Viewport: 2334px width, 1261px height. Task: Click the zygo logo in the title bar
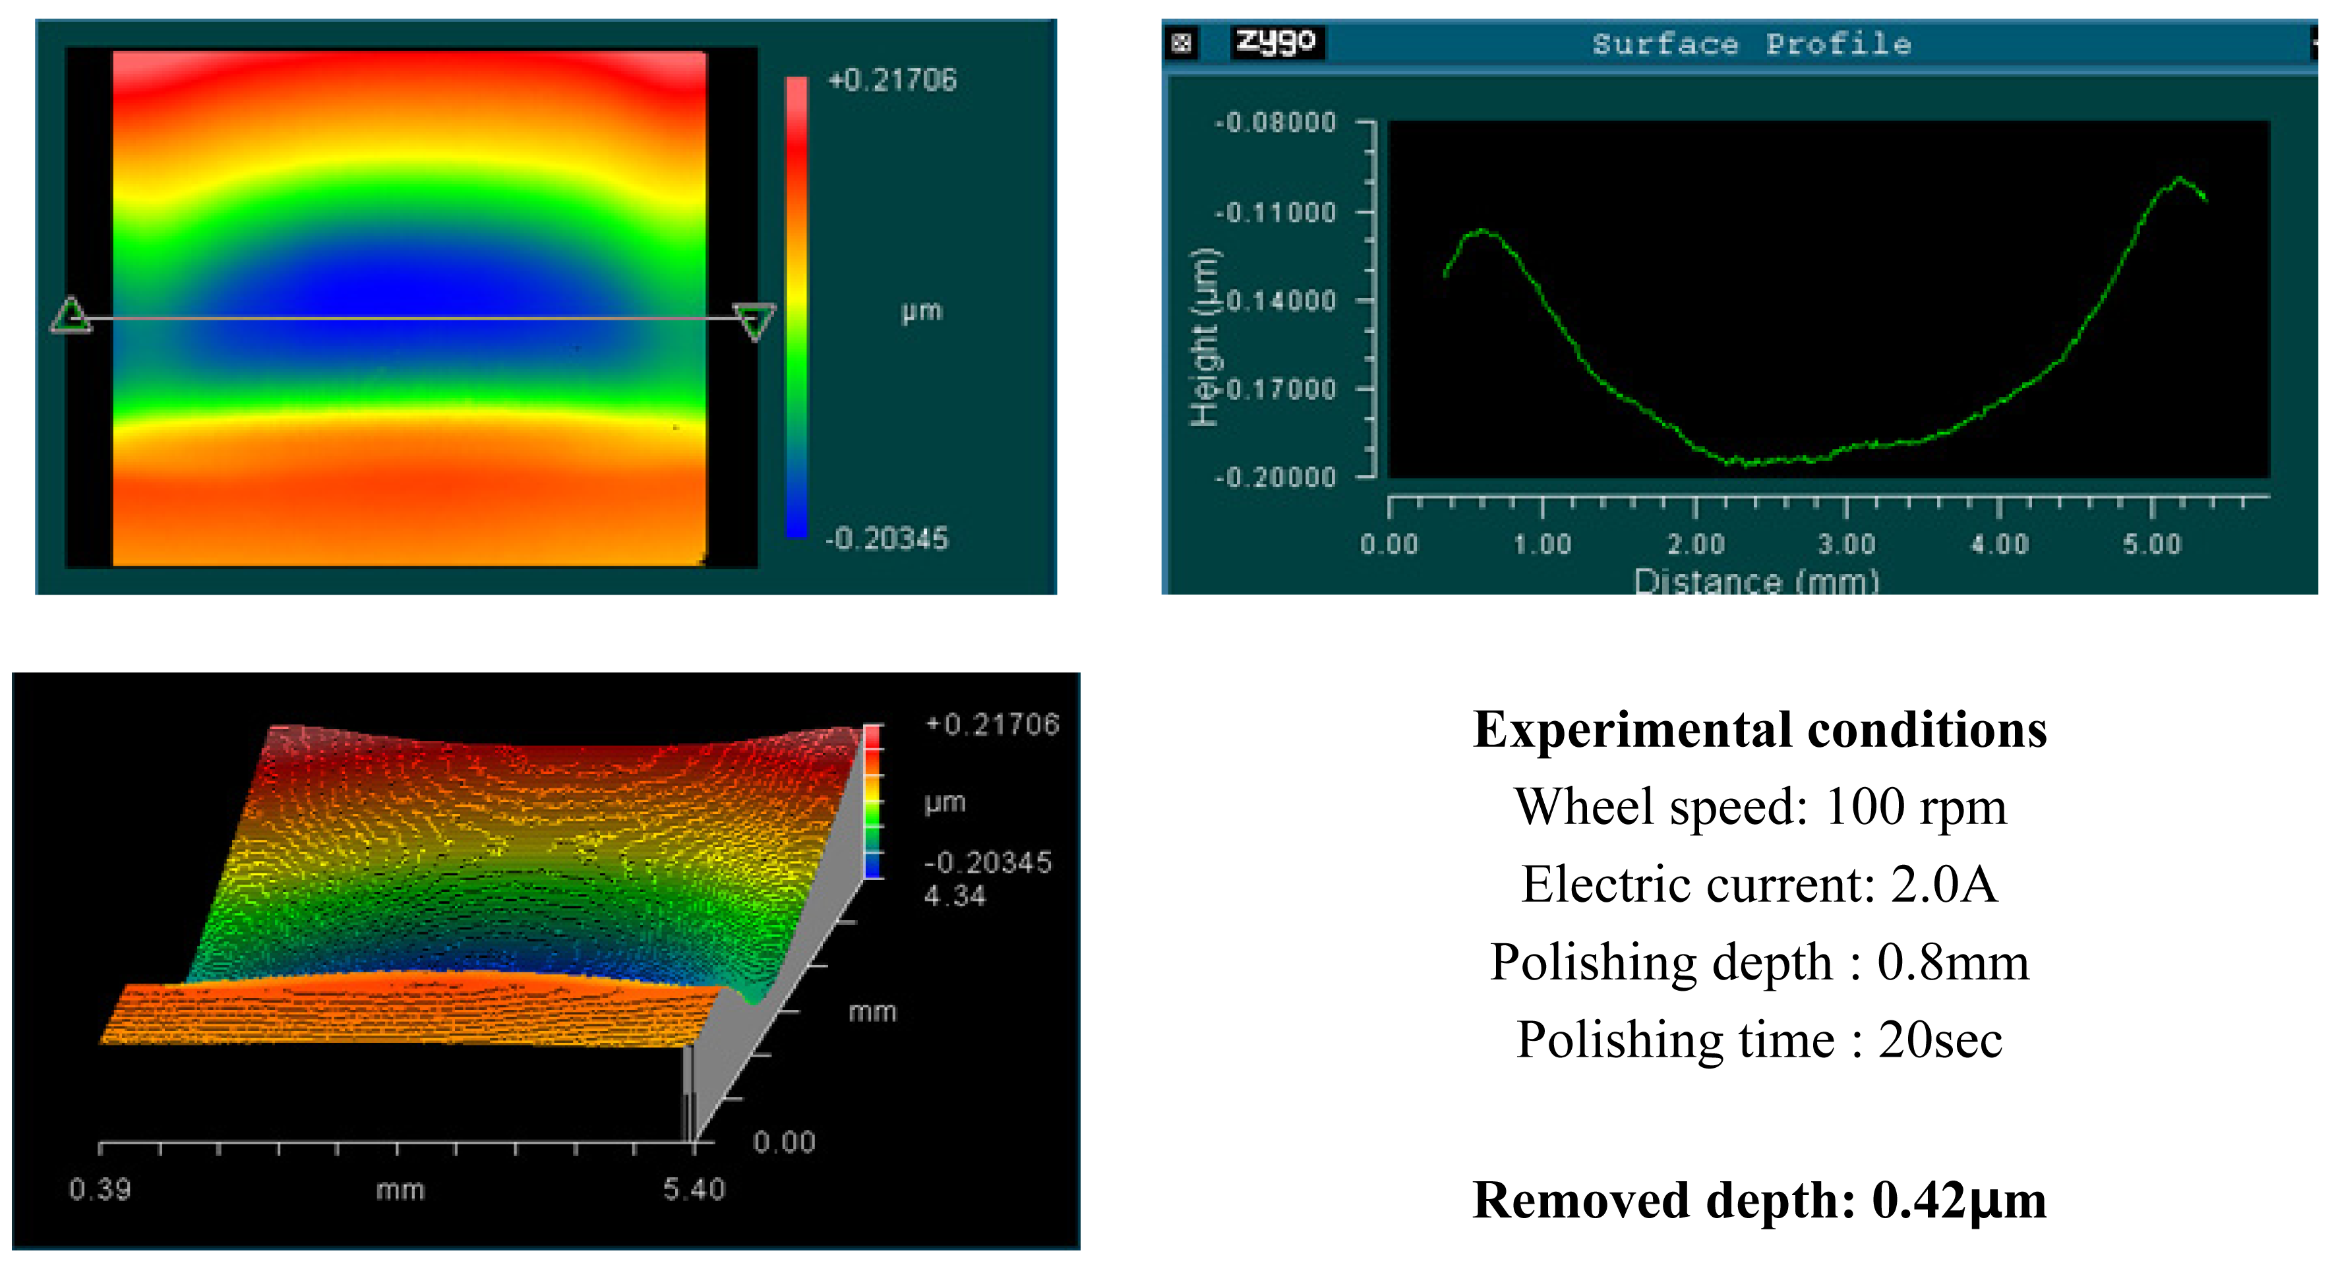pos(1276,42)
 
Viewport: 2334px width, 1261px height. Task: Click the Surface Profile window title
pos(1751,44)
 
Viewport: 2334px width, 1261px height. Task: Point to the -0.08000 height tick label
pos(1275,123)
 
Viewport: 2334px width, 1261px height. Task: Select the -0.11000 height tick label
pos(1275,213)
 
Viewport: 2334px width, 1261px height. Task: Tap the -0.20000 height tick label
pos(1275,477)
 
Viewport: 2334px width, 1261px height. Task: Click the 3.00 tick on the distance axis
pos(1845,544)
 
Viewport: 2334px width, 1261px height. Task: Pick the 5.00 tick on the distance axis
pos(2152,544)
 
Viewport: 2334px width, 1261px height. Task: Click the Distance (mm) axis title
pos(1756,581)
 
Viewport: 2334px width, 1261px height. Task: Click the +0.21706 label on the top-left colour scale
pos(893,80)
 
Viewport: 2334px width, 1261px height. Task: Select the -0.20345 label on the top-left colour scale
pos(886,539)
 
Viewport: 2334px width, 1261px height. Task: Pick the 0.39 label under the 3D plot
pos(100,1188)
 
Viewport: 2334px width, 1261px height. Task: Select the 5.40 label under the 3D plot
pos(694,1188)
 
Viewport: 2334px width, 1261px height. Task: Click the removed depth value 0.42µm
pos(1959,1200)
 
